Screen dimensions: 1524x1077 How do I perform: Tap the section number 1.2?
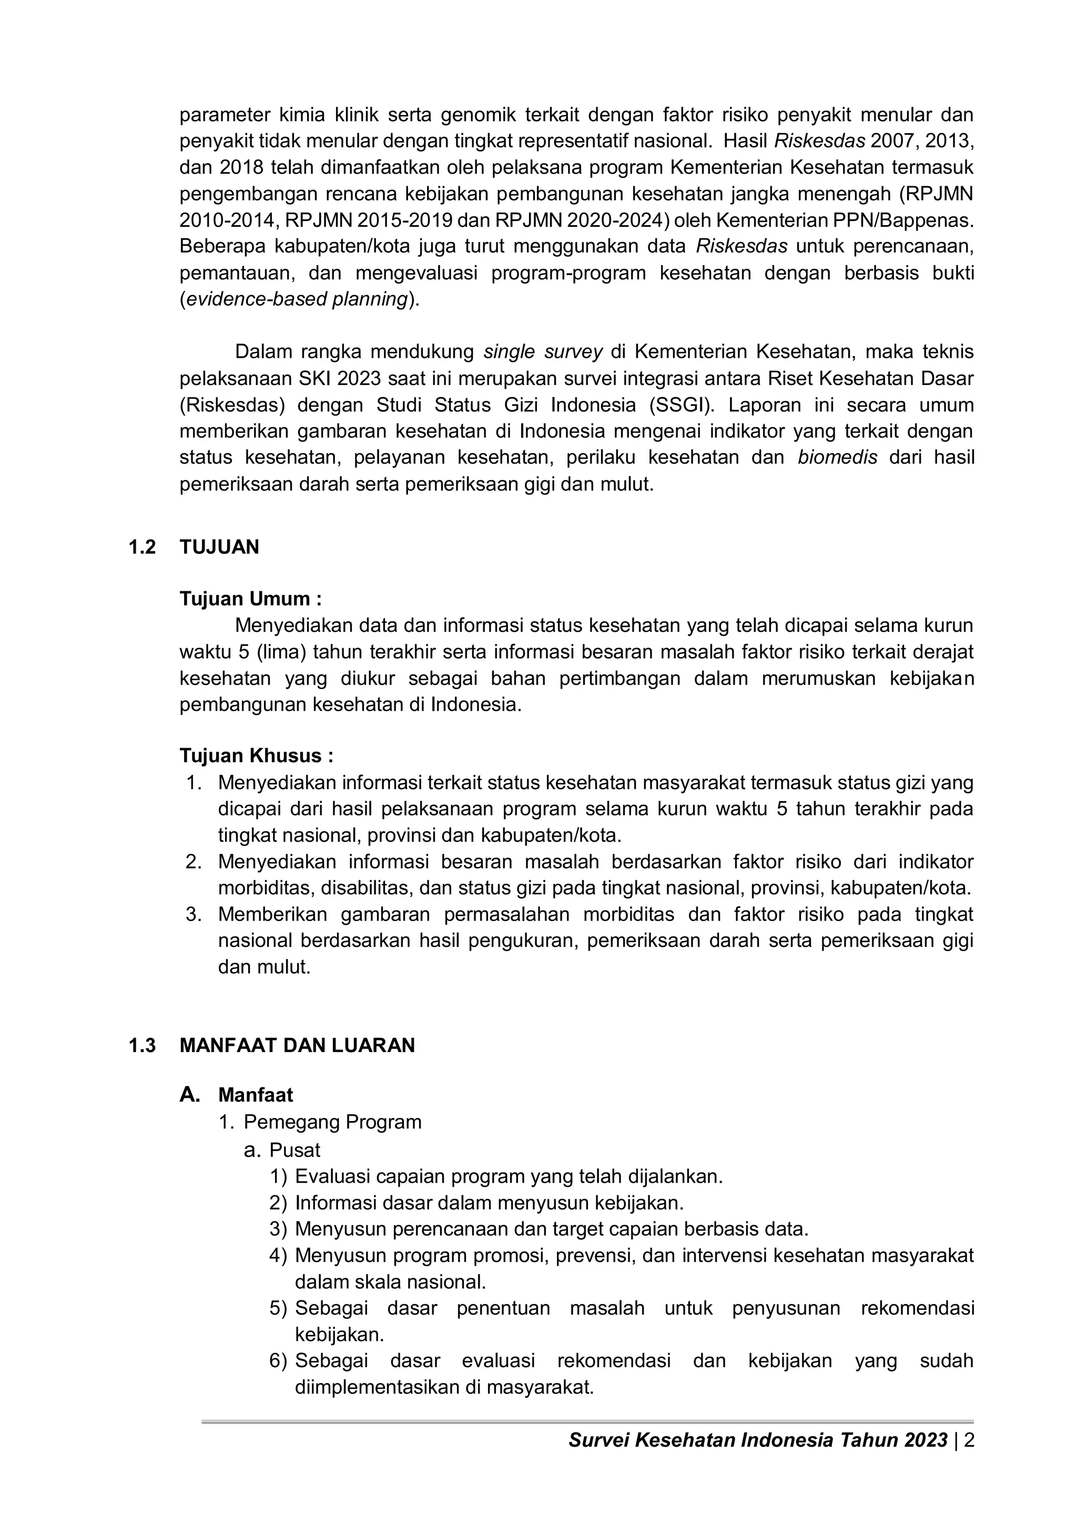tap(142, 547)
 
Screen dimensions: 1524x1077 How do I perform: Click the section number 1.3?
tap(142, 1045)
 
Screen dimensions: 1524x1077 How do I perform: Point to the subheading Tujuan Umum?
tap(250, 599)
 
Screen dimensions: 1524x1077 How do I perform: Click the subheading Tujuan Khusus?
tap(256, 756)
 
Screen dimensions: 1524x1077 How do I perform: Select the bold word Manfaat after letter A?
tap(256, 1095)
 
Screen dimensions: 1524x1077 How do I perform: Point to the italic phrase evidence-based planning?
tap(297, 299)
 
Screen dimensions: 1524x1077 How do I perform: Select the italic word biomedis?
tap(837, 457)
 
